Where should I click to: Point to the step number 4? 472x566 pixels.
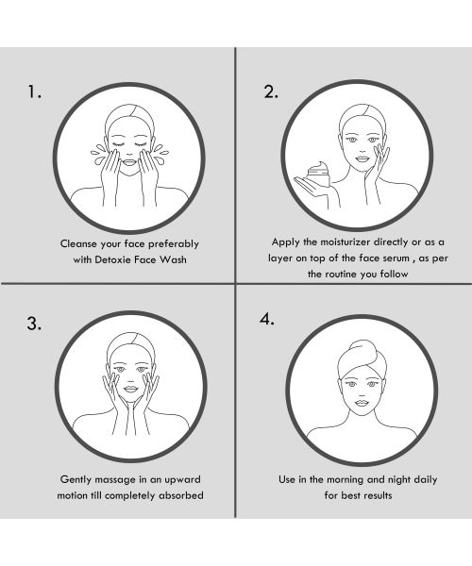click(x=267, y=318)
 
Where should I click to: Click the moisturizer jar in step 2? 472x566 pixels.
click(x=317, y=175)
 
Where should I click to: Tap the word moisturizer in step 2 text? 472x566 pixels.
click(x=341, y=241)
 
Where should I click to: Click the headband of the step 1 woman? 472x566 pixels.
click(x=128, y=120)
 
